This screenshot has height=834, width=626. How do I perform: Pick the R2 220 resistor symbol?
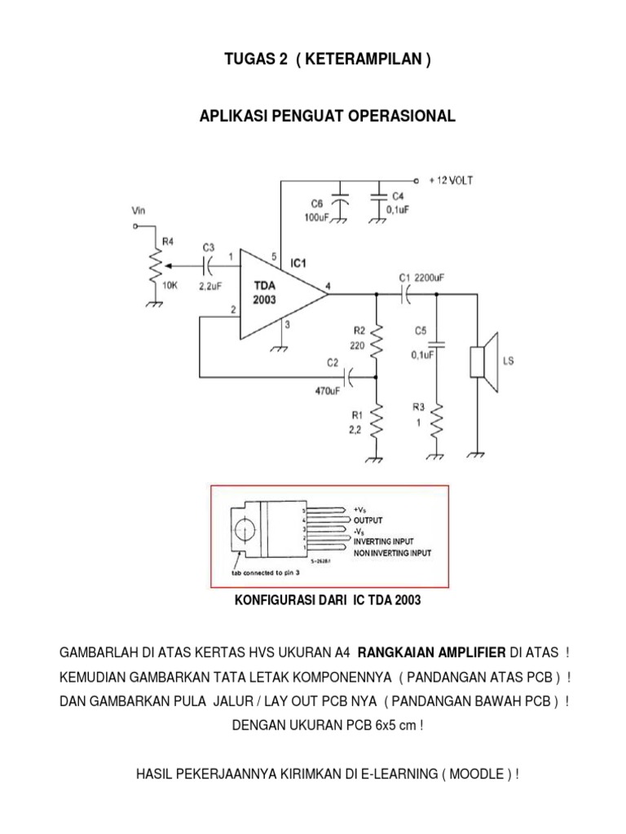pyautogui.click(x=377, y=341)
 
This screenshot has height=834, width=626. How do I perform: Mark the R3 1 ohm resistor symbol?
pyautogui.click(x=437, y=422)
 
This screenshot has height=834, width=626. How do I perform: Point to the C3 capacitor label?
pyautogui.click(x=209, y=248)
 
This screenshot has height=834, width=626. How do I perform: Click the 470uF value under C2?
pyautogui.click(x=329, y=390)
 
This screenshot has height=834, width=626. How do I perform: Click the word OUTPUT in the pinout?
pyautogui.click(x=368, y=520)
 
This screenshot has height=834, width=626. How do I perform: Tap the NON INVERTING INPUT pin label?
pyautogui.click(x=392, y=551)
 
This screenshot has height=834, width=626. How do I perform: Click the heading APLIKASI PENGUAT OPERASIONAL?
pyautogui.click(x=328, y=117)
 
